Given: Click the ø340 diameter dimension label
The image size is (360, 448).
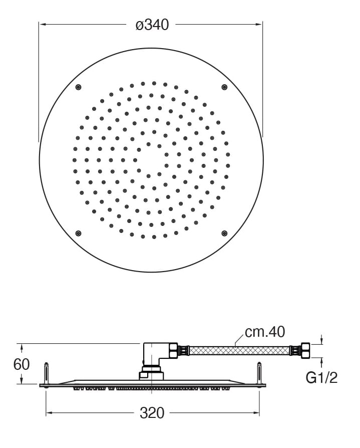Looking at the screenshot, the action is click(152, 25).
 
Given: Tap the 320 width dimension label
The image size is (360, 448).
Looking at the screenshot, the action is click(152, 413).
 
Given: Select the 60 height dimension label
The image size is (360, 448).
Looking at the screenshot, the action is click(22, 364).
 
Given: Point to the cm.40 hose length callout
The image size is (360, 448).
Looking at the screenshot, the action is click(265, 332).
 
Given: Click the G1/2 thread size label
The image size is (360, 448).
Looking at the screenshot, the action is click(321, 378).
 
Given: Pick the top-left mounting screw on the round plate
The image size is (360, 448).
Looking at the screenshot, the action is click(78, 87).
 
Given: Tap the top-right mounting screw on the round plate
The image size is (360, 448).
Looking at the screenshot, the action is click(224, 87).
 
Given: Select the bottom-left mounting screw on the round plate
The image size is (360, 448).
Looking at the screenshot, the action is click(78, 234).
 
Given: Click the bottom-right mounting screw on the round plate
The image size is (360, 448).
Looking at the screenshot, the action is click(224, 234).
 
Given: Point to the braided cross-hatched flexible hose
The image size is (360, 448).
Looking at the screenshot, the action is click(239, 350).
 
